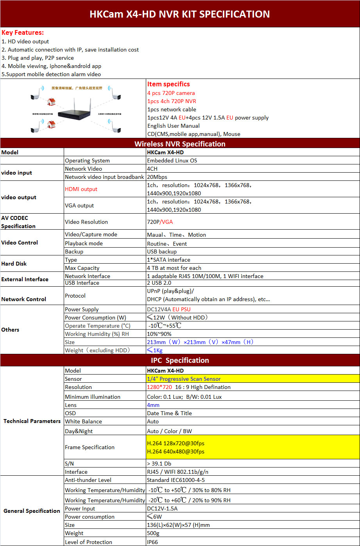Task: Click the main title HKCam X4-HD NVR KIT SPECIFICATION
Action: (180, 14)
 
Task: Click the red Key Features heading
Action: (23, 33)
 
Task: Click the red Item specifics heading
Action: (168, 84)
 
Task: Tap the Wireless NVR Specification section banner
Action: (180, 144)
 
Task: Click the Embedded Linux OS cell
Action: (172, 161)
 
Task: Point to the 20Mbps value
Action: (157, 177)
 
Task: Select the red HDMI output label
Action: (81, 189)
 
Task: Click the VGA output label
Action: (79, 205)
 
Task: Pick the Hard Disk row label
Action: (14, 264)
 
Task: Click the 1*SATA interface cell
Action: (168, 260)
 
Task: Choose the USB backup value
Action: (162, 252)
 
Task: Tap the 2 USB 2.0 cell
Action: (159, 283)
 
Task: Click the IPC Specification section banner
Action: (180, 360)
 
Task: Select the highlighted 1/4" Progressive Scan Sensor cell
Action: (184, 379)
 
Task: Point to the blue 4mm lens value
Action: (153, 405)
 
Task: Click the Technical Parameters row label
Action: (32, 421)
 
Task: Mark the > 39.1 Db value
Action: (159, 464)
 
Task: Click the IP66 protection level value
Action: (152, 542)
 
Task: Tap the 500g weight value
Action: (153, 533)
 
